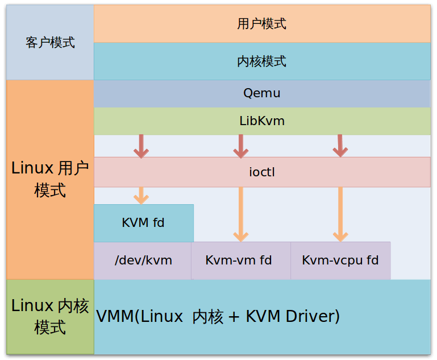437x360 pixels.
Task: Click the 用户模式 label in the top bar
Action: click(261, 23)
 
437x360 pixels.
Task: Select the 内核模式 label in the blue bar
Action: click(261, 61)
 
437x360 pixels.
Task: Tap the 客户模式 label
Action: click(50, 43)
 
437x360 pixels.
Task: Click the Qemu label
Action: click(261, 93)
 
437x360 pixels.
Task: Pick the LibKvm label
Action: click(261, 121)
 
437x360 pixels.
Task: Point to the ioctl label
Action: click(261, 172)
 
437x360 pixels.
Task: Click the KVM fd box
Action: click(143, 222)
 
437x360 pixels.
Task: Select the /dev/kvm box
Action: click(143, 260)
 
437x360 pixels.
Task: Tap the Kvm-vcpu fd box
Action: click(340, 260)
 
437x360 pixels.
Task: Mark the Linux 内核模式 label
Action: click(50, 316)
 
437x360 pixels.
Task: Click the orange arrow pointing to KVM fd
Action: click(141, 195)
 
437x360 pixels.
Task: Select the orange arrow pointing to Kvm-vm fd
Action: click(241, 214)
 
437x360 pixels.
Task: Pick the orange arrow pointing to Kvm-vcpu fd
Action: click(340, 214)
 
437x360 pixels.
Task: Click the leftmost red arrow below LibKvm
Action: click(141, 146)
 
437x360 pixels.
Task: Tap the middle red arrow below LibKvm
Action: click(241, 146)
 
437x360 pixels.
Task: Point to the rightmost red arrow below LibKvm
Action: click(340, 146)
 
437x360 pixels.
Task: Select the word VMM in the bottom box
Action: click(114, 316)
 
